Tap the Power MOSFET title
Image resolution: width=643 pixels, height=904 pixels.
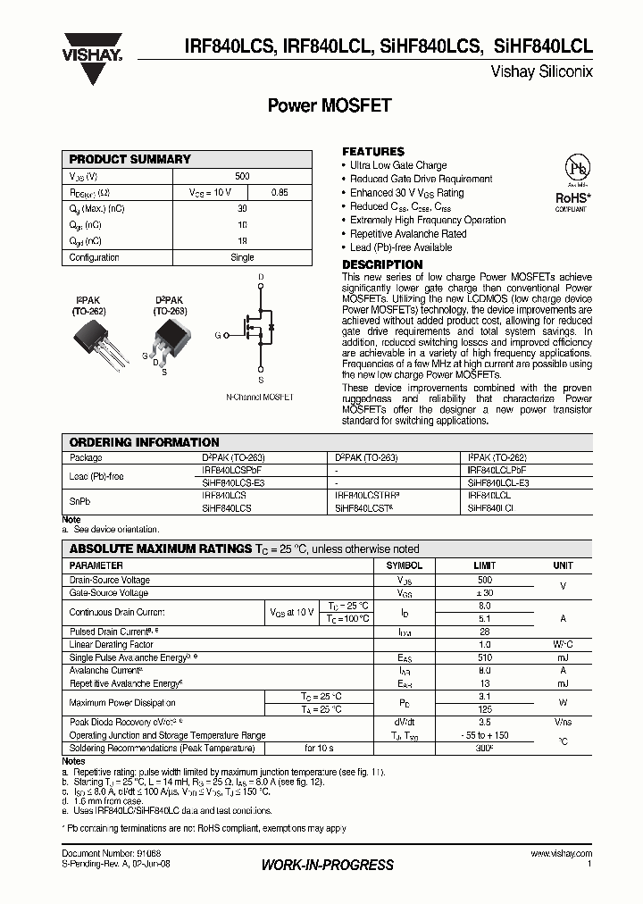330,105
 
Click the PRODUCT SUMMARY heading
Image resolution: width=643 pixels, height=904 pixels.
130,159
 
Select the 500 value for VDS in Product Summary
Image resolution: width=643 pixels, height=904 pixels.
242,177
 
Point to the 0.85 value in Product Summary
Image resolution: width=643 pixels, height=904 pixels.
279,192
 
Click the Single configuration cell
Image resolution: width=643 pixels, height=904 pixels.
242,257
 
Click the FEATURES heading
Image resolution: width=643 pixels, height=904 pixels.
373,152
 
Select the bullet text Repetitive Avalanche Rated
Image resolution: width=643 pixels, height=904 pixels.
408,234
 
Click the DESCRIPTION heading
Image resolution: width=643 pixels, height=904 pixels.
382,264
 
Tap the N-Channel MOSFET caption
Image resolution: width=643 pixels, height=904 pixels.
259,396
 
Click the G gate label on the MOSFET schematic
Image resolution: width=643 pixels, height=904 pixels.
218,335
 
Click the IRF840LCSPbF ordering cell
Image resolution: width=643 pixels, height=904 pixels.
232,469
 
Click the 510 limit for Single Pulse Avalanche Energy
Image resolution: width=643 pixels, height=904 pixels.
484,657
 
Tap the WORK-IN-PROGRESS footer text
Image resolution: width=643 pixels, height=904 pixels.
328,865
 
